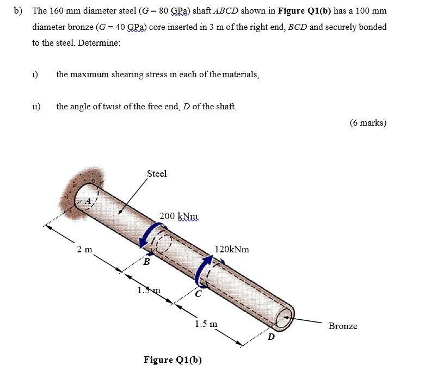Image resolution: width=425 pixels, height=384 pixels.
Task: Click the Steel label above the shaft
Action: click(157, 174)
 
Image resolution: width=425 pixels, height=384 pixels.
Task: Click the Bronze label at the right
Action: click(343, 326)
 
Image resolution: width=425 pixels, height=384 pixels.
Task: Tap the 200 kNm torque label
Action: click(179, 216)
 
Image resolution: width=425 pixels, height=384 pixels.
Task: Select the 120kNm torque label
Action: click(232, 249)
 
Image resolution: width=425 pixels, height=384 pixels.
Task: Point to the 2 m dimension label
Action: click(84, 249)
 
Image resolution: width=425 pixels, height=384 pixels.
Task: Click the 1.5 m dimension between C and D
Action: click(206, 324)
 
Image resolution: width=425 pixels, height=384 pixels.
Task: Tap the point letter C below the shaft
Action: click(199, 294)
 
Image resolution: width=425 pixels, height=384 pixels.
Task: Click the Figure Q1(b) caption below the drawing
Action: click(173, 360)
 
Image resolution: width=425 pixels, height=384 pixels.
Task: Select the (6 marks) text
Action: click(368, 122)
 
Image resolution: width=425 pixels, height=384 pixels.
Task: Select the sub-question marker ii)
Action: click(36, 106)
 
